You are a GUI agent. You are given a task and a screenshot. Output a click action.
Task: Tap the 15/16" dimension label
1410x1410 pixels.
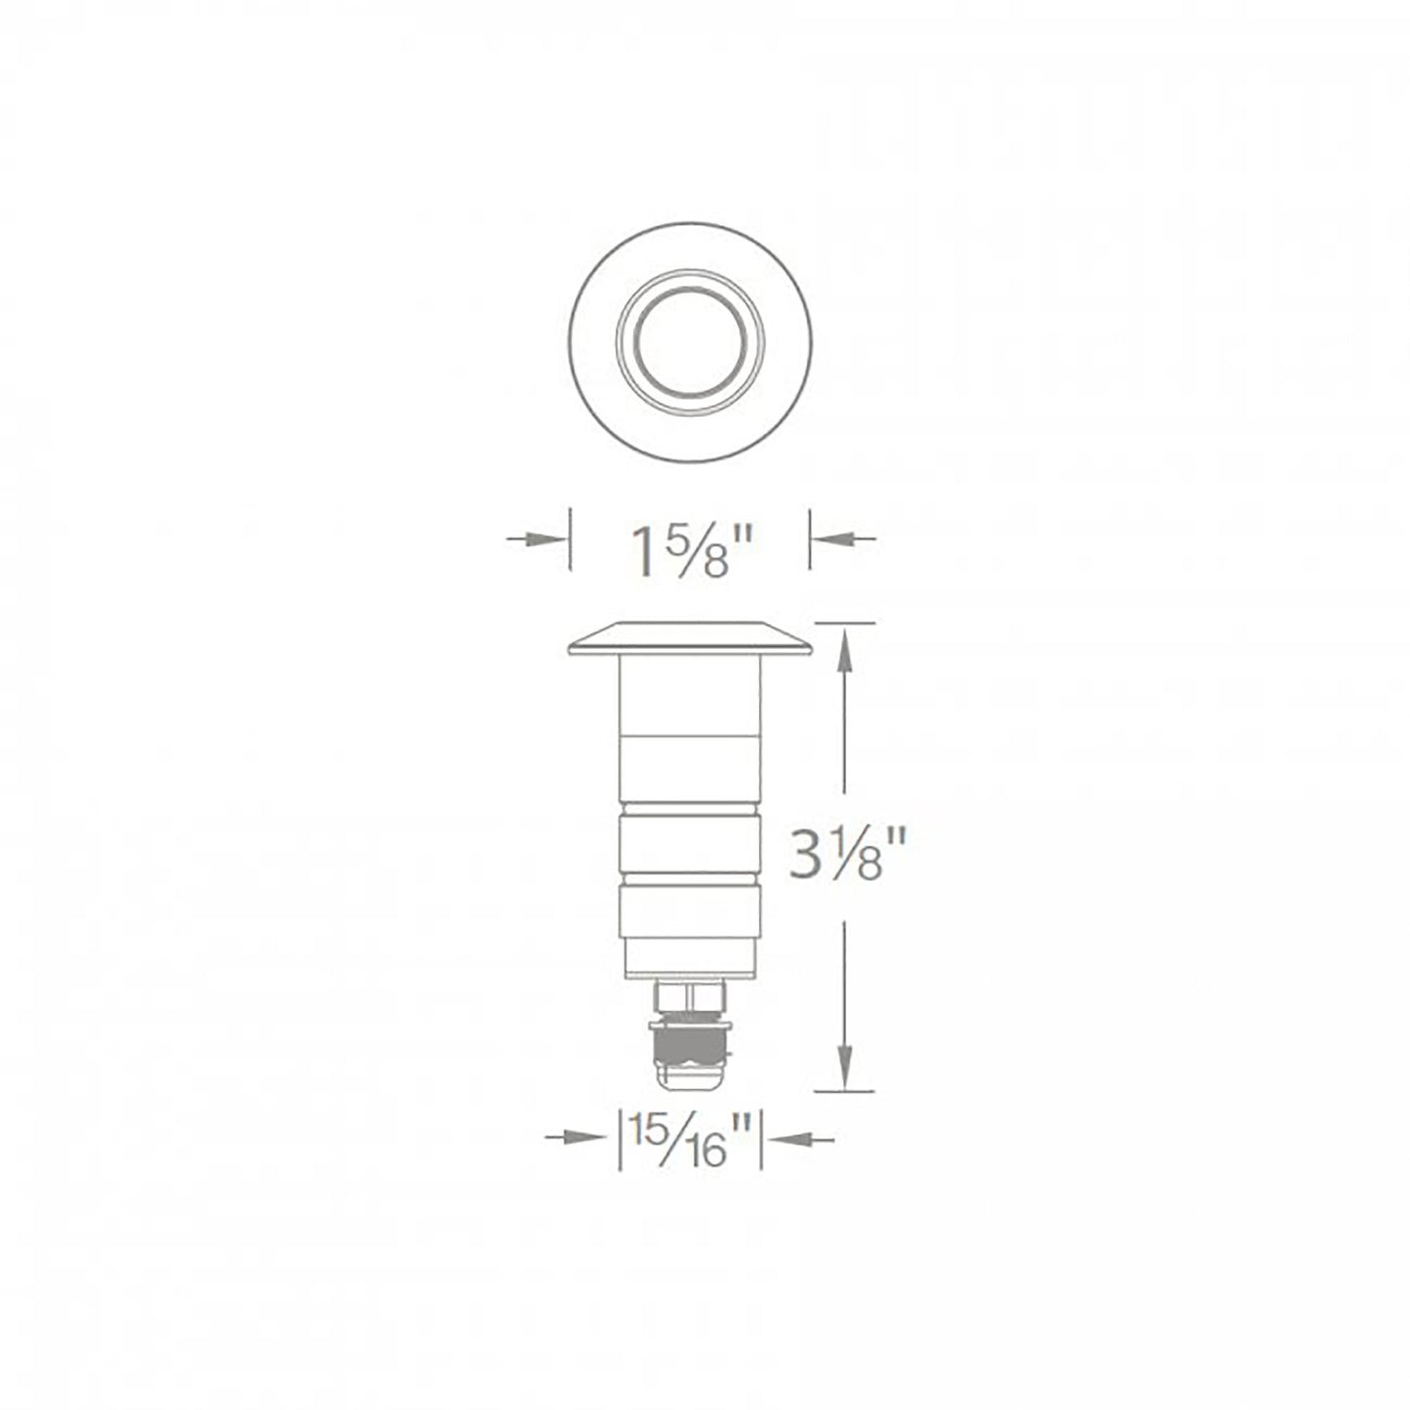(x=692, y=1138)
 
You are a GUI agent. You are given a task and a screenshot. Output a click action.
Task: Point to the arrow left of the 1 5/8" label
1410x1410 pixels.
(x=538, y=539)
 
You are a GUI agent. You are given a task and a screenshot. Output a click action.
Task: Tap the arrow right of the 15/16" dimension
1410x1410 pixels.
(x=803, y=1137)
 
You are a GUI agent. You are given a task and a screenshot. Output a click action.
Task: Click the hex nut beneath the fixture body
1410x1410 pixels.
(x=690, y=998)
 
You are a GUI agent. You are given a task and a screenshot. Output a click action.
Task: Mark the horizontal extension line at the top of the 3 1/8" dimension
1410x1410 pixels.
(x=845, y=622)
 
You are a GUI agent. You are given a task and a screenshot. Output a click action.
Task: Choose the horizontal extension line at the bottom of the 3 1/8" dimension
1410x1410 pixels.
(x=845, y=1091)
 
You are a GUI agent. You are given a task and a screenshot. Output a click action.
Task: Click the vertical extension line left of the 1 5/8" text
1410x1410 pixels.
(x=570, y=539)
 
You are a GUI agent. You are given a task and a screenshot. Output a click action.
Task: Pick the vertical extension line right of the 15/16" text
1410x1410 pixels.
(x=761, y=1137)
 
